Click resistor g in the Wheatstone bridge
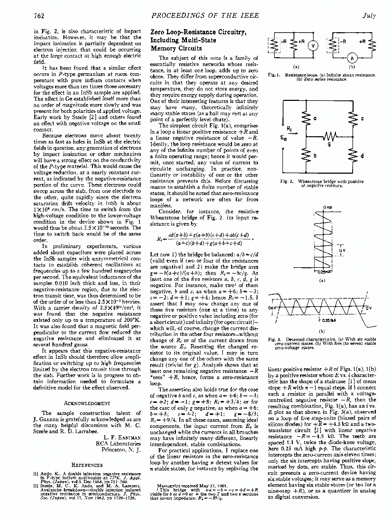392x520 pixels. [330, 137]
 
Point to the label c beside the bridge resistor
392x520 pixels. [362, 119]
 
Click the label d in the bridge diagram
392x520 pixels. [362, 155]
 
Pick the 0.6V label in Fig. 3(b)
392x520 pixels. [273, 309]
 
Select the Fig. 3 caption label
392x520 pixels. [273, 340]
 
